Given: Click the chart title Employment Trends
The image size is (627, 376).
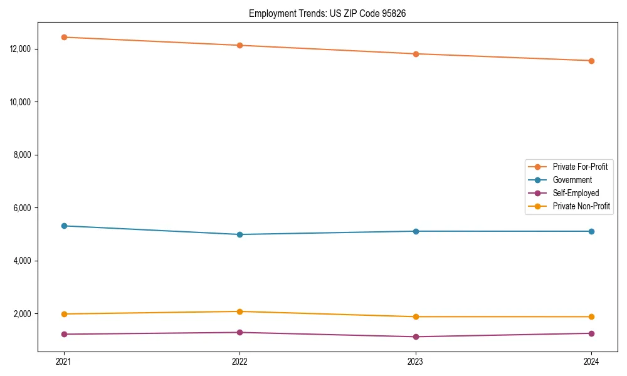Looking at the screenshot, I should pos(327,13).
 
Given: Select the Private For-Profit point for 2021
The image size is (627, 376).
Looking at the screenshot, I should pos(63,37).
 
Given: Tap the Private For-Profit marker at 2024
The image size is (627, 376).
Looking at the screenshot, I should pos(591,61).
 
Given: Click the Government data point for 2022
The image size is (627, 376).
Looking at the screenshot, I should pos(240,234).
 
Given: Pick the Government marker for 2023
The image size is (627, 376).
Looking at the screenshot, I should pos(415,231).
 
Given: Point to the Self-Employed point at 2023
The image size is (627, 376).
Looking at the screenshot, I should pos(415,337).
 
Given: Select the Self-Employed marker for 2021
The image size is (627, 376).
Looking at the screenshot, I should pos(63,334).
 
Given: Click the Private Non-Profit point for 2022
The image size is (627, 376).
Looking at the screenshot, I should pos(240,311).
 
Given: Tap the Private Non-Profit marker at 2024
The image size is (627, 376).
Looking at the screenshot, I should pos(591,316).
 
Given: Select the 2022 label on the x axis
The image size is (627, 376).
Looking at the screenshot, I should pos(240,362).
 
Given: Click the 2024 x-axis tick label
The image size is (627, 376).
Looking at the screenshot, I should pos(591,362).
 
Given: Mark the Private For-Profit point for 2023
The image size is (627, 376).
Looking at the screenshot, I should pos(415,54).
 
